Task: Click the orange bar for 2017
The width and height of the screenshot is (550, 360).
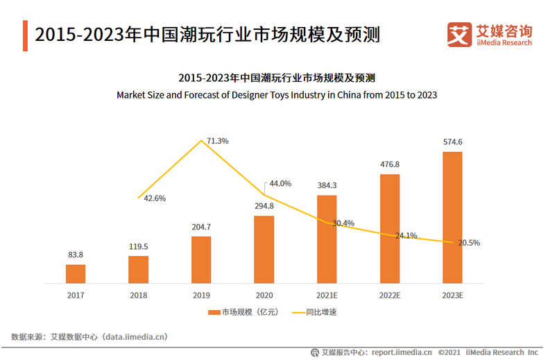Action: [76, 273]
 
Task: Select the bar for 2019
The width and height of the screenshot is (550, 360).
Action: [201, 259]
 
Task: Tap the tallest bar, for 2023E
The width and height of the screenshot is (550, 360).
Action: [452, 217]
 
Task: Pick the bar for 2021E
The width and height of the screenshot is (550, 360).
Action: [327, 239]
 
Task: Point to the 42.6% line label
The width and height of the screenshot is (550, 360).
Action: [155, 198]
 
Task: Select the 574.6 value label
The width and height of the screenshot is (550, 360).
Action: [452, 142]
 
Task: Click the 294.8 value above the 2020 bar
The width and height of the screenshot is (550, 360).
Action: [264, 205]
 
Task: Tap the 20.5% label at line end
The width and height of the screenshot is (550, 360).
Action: [469, 243]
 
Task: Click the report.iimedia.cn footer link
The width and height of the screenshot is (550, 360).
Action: [393, 352]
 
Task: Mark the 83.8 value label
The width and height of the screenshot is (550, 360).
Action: [76, 255]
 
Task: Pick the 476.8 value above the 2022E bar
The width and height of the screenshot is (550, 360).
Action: [390, 164]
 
